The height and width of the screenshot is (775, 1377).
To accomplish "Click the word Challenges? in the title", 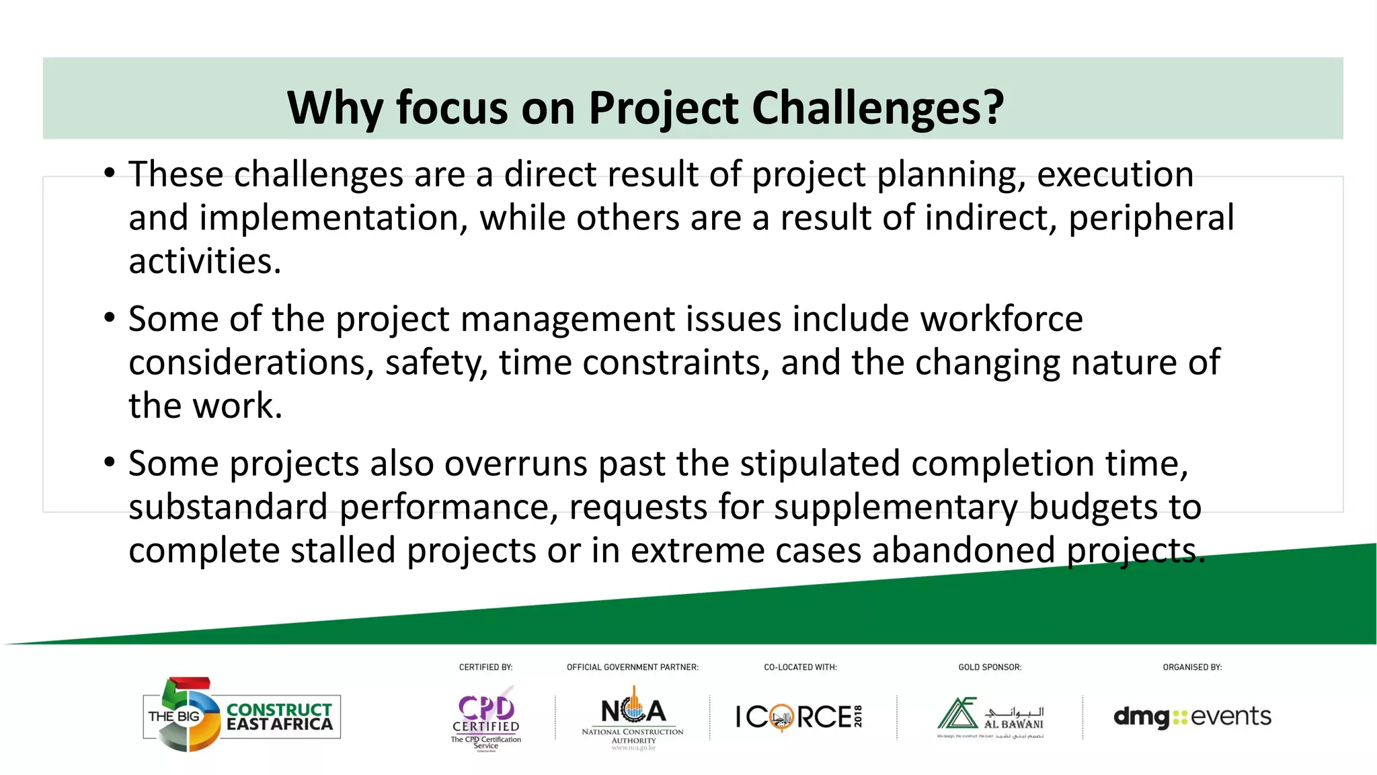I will point(877,108).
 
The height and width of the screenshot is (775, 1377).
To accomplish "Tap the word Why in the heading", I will point(334,108).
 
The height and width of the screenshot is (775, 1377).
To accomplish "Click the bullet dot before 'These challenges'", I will point(110,173).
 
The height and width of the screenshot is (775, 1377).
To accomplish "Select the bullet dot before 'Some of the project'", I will point(110,318).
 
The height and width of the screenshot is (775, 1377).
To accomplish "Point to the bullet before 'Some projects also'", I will point(110,463).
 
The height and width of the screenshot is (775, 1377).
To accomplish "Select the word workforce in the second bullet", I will point(1001,319).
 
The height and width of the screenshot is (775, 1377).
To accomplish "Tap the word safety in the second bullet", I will point(436,363).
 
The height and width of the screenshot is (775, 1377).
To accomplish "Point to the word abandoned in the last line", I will point(963,550).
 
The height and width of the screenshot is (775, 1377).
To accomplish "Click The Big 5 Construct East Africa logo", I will point(242,715).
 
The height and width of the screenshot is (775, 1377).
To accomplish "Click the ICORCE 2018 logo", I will point(799,716).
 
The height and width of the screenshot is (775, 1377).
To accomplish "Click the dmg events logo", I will point(1192,716).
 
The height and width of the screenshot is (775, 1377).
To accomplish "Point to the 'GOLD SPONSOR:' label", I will point(989,667).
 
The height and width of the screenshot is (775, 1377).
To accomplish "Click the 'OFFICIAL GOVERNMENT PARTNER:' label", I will point(632,667).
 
